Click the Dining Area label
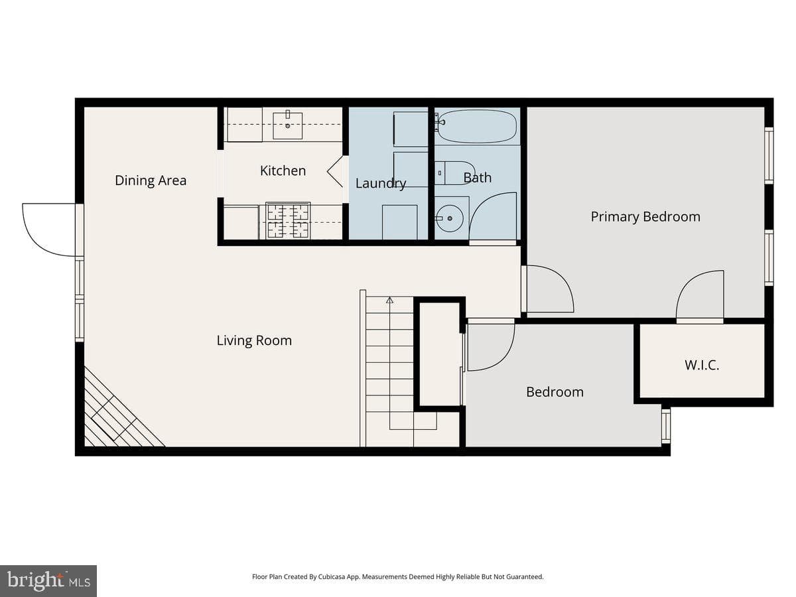pyautogui.click(x=151, y=180)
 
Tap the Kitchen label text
pyautogui.click(x=283, y=170)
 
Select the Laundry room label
pyautogui.click(x=380, y=184)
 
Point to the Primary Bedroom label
pyautogui.click(x=645, y=217)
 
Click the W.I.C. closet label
pyautogui.click(x=702, y=365)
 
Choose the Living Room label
pyautogui.click(x=254, y=340)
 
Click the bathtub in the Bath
pyautogui.click(x=476, y=127)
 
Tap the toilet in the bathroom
pyautogui.click(x=455, y=173)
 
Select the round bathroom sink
pyautogui.click(x=449, y=218)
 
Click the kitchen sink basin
pyautogui.click(x=288, y=126)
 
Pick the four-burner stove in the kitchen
pyautogui.click(x=288, y=220)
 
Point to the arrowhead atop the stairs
pyautogui.click(x=389, y=300)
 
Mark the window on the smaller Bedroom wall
pyautogui.click(x=666, y=426)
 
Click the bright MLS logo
pyautogui.click(x=48, y=580)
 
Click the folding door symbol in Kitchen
pyautogui.click(x=336, y=171)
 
